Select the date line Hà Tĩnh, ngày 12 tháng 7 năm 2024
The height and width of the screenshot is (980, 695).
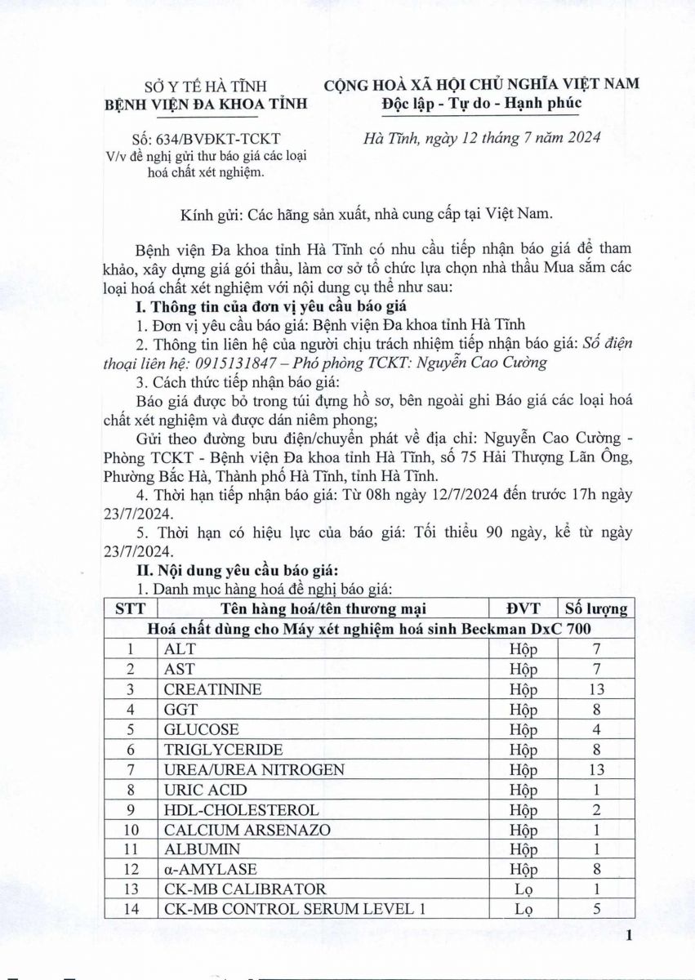coord(482,138)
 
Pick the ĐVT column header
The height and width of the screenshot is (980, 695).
coord(523,608)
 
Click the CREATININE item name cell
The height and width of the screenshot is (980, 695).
coord(202,689)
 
